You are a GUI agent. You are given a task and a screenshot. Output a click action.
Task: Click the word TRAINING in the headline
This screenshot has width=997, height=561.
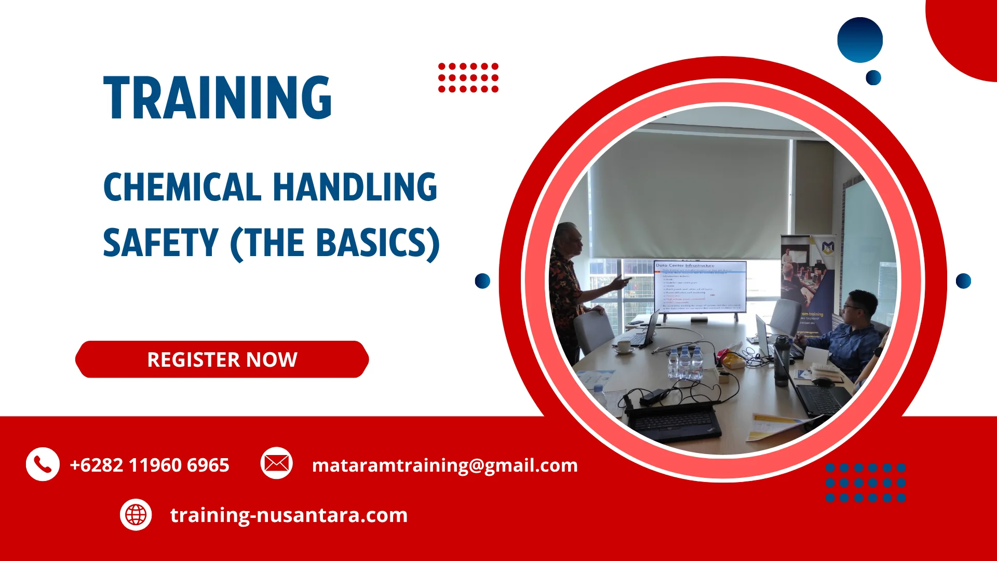click(218, 98)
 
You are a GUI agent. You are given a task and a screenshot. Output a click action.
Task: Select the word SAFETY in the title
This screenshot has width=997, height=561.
click(160, 243)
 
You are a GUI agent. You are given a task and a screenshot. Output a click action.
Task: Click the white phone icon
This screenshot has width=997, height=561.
click(43, 464)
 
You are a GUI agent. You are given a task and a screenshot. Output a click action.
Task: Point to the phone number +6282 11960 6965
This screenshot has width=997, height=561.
click(150, 465)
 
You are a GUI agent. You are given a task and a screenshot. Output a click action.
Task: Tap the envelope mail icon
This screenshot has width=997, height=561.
click(276, 463)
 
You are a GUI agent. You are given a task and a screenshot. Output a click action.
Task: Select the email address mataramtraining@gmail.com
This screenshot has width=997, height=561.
click(444, 465)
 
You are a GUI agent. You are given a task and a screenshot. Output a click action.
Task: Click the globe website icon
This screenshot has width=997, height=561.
click(136, 515)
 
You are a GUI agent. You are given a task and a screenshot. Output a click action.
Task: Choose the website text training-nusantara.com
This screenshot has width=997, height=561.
click(289, 515)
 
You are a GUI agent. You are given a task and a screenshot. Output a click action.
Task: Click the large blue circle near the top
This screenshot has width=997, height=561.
click(860, 40)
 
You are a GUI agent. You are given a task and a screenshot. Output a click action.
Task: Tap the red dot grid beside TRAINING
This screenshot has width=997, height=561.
click(468, 78)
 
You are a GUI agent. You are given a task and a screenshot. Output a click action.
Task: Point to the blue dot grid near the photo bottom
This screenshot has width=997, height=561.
click(866, 483)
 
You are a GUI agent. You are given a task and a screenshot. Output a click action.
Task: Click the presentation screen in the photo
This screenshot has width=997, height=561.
click(699, 287)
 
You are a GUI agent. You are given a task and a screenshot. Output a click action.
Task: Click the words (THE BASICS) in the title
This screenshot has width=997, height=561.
click(335, 243)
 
